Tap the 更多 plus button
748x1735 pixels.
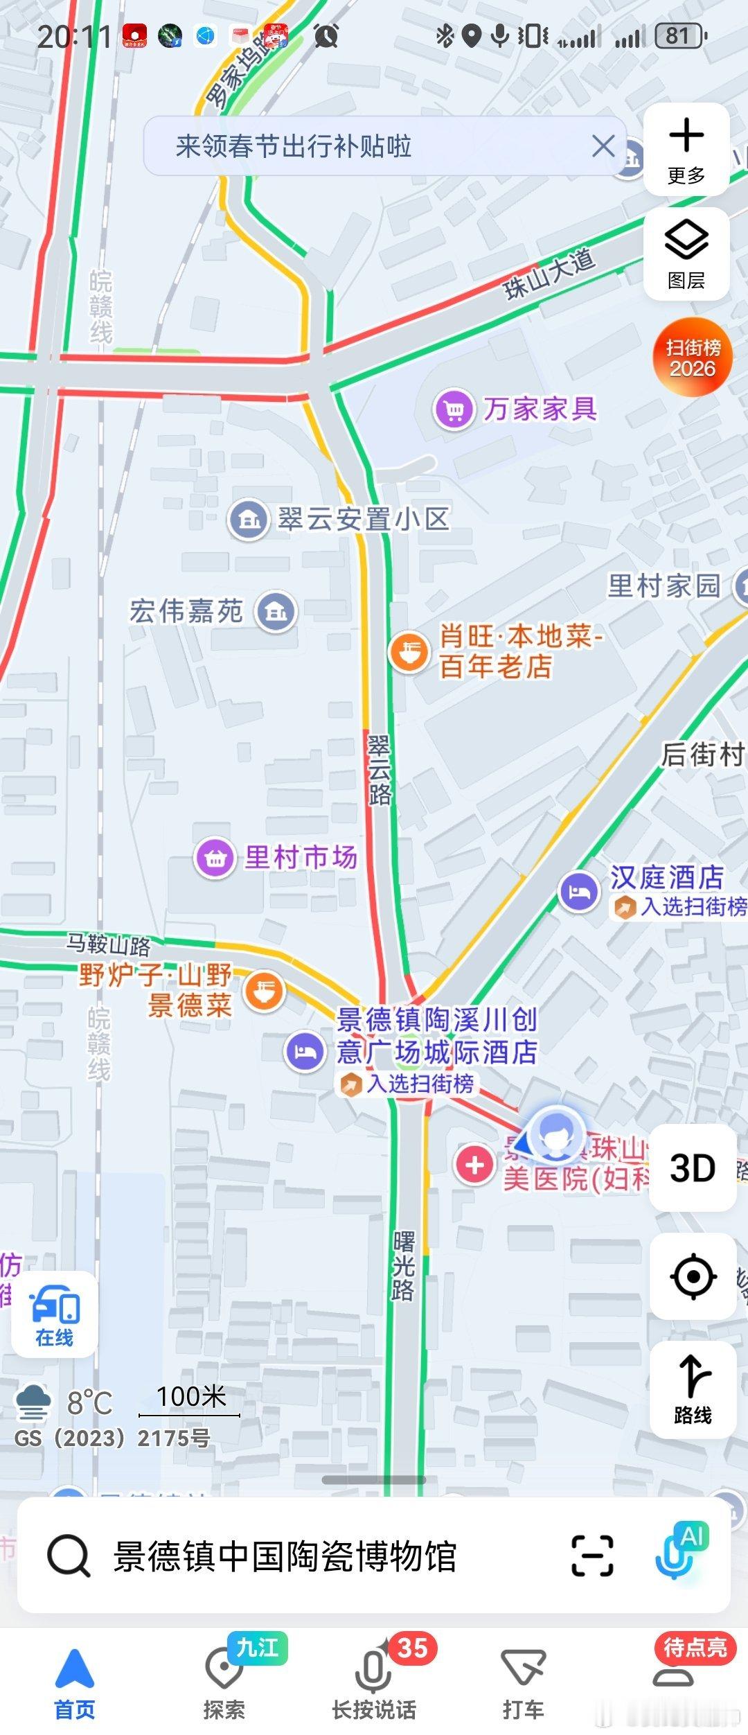[686, 149]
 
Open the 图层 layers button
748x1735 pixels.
[686, 254]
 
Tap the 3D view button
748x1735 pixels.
[692, 1168]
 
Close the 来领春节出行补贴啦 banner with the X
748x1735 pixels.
[603, 146]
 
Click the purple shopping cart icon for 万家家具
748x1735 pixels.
[454, 410]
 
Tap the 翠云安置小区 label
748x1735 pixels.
[364, 519]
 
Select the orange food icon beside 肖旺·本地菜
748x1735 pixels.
[409, 651]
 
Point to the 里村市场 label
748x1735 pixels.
[301, 857]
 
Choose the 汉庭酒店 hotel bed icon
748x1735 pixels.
[579, 892]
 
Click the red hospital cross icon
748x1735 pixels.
[474, 1165]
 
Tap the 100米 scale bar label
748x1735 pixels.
[190, 1397]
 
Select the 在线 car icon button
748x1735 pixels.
[54, 1314]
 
